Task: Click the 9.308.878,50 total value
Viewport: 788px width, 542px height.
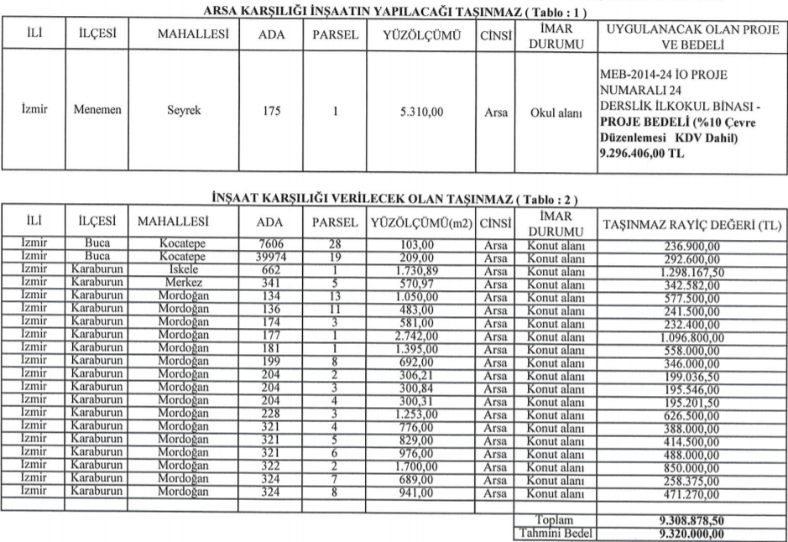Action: click(x=691, y=519)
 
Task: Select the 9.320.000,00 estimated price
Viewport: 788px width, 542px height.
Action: click(x=691, y=532)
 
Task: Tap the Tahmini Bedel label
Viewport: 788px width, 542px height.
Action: click(x=553, y=532)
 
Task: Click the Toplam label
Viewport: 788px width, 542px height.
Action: click(x=553, y=519)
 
